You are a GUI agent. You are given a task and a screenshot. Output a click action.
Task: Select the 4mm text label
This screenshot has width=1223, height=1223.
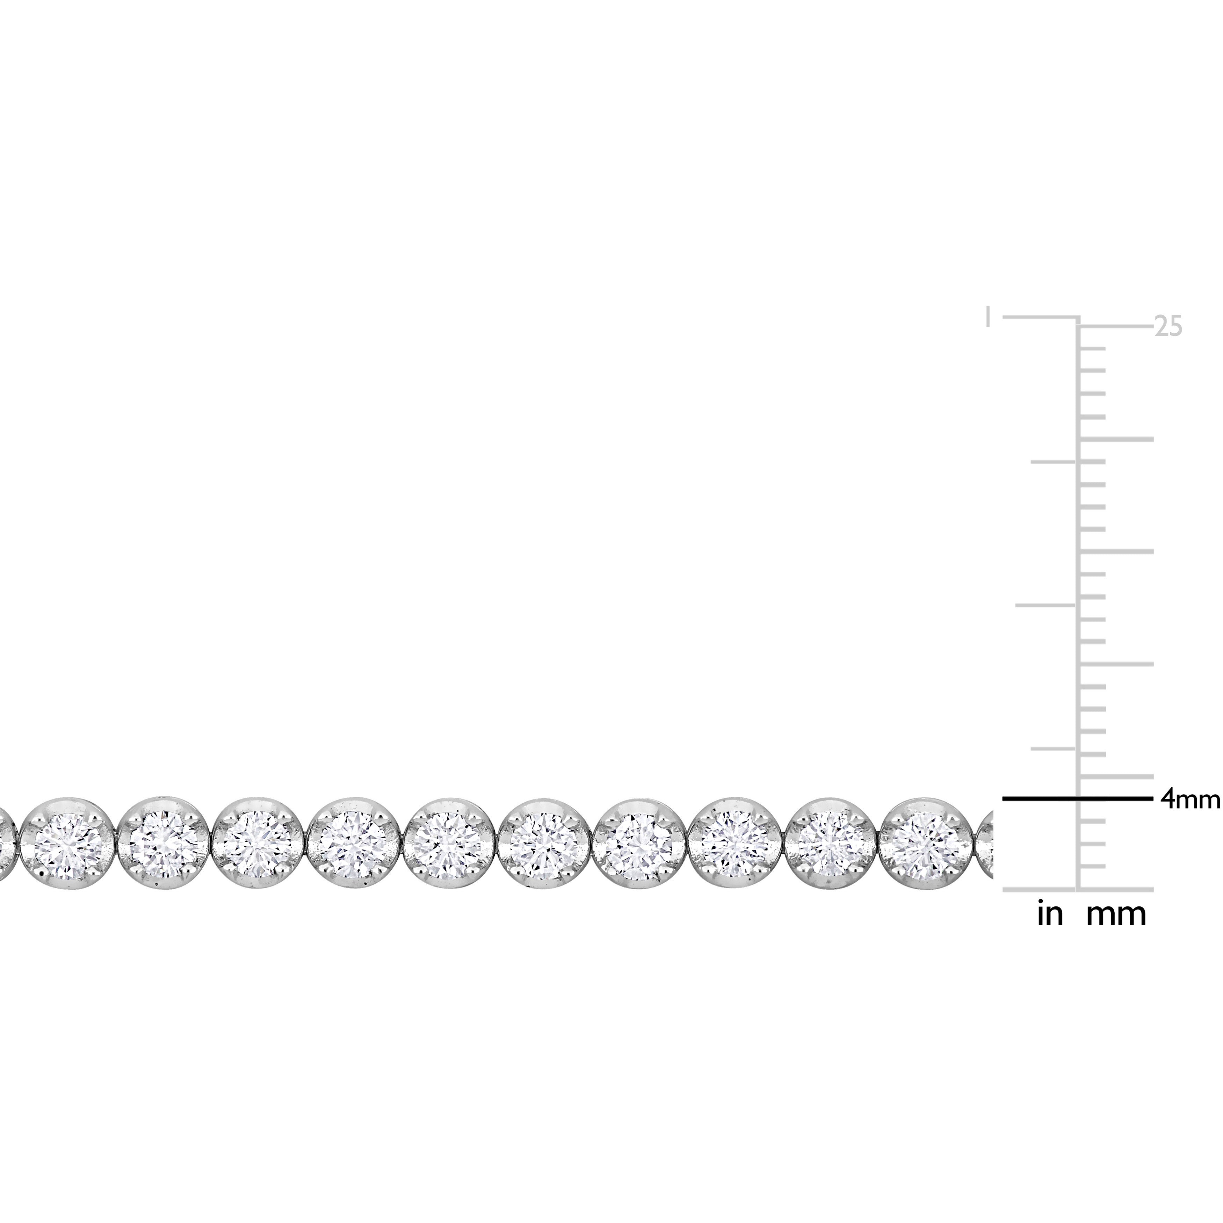coord(1189,800)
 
